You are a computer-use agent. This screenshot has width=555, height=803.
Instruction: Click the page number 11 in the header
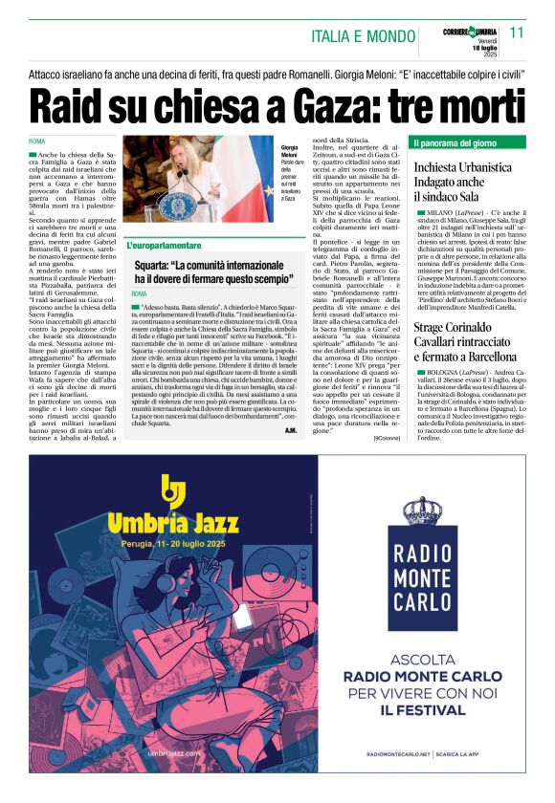(516, 32)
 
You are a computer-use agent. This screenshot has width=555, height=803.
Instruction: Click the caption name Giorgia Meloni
(289, 152)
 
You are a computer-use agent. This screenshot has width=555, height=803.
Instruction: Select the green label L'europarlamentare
(168, 245)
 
